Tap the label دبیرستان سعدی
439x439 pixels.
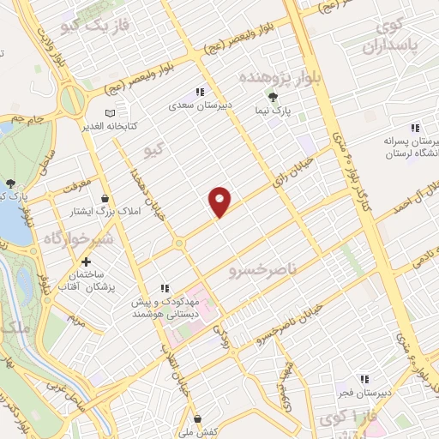coord(199,108)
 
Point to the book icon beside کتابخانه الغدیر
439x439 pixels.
coord(109,112)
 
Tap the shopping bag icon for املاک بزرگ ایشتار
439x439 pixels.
coord(105,197)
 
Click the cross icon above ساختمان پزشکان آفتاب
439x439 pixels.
coord(86,262)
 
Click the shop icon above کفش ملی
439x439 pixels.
coord(198,418)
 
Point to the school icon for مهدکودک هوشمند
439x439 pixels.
coord(165,289)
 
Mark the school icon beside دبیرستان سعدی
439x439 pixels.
coord(199,93)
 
